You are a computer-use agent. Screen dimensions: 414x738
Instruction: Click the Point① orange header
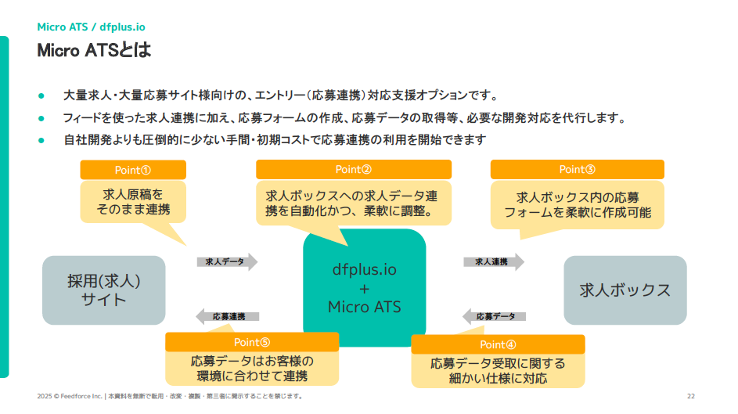(133, 170)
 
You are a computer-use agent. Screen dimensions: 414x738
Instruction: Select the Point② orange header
(354, 169)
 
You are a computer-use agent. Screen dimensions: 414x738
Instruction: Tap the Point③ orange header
(577, 169)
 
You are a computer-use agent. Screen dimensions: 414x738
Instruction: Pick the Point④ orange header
(498, 344)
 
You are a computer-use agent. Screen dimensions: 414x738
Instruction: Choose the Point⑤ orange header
(252, 342)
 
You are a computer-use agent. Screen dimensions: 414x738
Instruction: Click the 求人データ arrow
(227, 262)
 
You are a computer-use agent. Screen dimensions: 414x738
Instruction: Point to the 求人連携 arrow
(493, 261)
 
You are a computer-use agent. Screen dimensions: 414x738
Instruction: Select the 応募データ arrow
(494, 316)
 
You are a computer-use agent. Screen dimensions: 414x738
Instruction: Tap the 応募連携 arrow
(226, 316)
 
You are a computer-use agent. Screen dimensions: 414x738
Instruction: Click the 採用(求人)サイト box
(104, 290)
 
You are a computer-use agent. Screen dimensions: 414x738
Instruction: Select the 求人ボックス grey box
(625, 290)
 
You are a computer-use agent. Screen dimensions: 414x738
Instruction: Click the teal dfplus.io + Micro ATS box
(364, 288)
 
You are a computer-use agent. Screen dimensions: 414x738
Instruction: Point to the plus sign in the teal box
(364, 288)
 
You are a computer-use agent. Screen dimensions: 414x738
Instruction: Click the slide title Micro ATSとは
(94, 51)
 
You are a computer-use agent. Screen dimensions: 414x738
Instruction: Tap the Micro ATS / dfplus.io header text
(91, 26)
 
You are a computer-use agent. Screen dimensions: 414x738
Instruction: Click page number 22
(690, 396)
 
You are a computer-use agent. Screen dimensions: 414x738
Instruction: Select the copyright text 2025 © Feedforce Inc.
(70, 396)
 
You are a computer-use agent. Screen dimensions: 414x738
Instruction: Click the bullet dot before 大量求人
(41, 96)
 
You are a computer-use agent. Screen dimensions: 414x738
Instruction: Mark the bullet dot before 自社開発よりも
(41, 140)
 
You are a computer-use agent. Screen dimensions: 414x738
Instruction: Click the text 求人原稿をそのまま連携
(133, 202)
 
